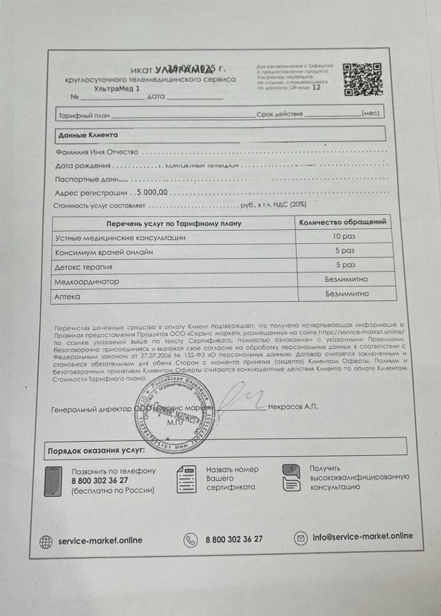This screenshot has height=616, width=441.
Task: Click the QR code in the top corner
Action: (x=363, y=79)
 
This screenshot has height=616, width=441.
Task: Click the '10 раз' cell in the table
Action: (x=344, y=236)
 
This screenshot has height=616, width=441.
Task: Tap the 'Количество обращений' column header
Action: (x=342, y=222)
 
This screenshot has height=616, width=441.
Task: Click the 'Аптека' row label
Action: (x=67, y=297)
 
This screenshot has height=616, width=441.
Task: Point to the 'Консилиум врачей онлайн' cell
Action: (x=104, y=252)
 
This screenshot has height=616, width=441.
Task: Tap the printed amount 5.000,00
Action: (x=152, y=193)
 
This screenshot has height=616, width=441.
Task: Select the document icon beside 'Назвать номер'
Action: (x=186, y=479)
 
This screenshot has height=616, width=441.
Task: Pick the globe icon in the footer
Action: (x=46, y=542)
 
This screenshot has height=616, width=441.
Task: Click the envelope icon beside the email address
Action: (x=301, y=537)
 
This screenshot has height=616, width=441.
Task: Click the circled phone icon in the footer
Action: (x=191, y=540)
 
